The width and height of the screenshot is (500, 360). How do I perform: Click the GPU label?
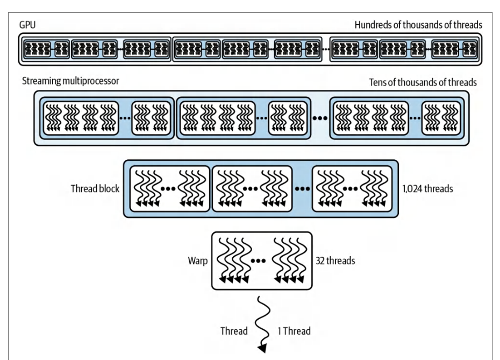(27, 25)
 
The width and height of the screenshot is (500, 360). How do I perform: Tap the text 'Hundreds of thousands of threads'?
(418, 25)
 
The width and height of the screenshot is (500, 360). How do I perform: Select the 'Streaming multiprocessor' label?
(70, 81)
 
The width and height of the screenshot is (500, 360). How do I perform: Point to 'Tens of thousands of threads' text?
(423, 82)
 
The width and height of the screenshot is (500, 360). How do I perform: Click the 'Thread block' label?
(95, 189)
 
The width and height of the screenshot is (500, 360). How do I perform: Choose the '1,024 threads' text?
(427, 189)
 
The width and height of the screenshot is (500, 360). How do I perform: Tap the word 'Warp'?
(198, 261)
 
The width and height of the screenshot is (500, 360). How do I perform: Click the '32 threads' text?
(335, 261)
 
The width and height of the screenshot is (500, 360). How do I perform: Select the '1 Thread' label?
(294, 331)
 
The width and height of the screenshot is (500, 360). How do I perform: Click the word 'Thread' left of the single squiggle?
(234, 331)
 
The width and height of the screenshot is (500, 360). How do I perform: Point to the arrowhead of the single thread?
(262, 349)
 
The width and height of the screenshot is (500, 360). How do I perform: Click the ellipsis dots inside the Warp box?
(258, 261)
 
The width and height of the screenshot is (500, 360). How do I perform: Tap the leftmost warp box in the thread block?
(170, 189)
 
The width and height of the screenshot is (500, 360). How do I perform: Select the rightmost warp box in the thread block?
(352, 189)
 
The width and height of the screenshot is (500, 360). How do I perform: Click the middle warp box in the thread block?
(252, 189)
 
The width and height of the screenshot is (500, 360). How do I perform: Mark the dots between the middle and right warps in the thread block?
(302, 189)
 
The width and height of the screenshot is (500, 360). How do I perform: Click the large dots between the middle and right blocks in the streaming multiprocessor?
(320, 118)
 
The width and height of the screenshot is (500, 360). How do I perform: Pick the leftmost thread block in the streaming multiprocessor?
(107, 118)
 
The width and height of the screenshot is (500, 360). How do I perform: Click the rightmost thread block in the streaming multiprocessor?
(397, 118)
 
